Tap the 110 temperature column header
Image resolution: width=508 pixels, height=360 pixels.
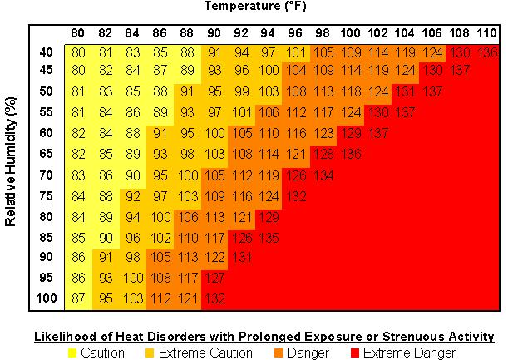pos(485,33)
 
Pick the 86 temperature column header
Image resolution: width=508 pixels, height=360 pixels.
pos(160,33)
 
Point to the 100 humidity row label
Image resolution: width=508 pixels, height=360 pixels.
pos(46,298)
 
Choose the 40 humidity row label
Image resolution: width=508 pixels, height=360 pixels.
pos(46,52)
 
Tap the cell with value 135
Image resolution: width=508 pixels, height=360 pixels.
pos(269,236)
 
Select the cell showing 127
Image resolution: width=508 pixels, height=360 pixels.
pos(215,277)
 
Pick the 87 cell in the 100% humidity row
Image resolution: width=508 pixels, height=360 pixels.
pos(79,298)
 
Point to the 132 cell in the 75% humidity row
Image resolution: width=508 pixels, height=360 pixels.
pos(295,195)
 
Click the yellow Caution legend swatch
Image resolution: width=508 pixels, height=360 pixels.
pos(72,353)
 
